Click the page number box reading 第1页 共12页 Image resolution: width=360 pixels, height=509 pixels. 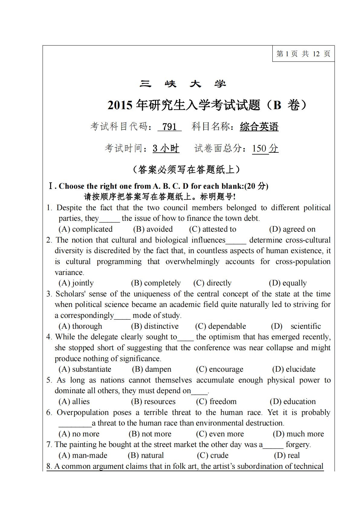click(x=303, y=54)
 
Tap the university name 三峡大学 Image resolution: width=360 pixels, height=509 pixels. click(x=183, y=84)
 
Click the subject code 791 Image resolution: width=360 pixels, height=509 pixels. click(x=169, y=126)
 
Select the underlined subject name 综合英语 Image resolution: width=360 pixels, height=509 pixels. click(x=259, y=126)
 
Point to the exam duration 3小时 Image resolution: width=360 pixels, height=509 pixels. click(x=166, y=148)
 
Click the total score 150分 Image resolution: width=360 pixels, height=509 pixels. click(x=265, y=148)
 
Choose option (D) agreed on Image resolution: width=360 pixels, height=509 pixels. click(x=292, y=229)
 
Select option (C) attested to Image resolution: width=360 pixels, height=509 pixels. click(x=212, y=229)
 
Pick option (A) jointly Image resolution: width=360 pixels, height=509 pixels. click(x=76, y=283)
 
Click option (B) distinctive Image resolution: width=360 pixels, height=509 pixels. click(x=155, y=326)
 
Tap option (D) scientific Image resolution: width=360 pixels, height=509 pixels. click(x=296, y=326)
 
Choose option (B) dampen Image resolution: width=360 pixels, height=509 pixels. click(x=151, y=369)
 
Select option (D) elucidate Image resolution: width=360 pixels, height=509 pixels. click(x=294, y=369)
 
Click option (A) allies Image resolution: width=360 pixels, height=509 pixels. click(x=74, y=402)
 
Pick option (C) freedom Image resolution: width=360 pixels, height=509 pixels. click(x=216, y=402)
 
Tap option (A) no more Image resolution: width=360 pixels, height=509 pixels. click(x=79, y=434)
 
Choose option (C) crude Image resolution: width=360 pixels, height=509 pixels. click(x=212, y=455)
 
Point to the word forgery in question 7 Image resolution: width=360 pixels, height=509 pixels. click(x=298, y=445)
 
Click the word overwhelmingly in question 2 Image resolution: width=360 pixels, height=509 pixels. click(x=192, y=262)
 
